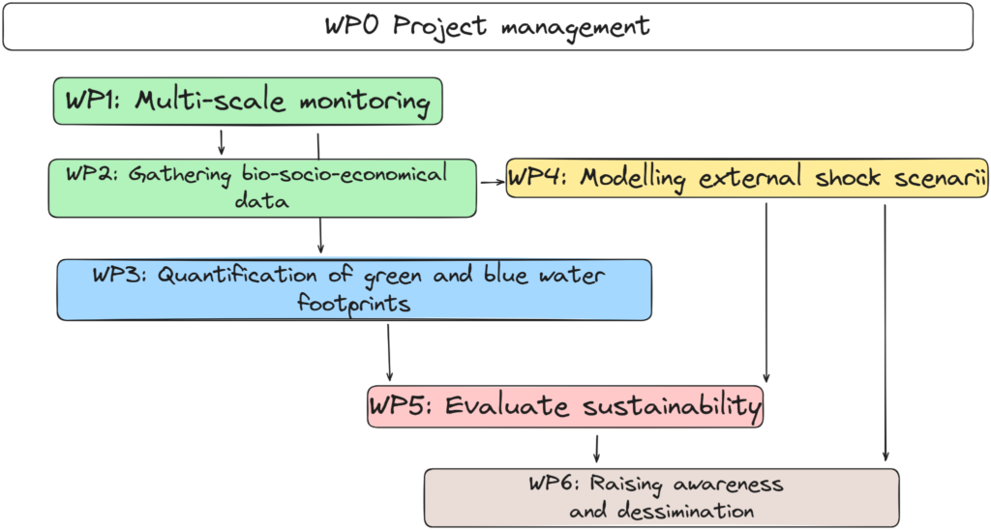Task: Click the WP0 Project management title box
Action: tap(488, 26)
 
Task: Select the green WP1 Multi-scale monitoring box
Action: tap(247, 102)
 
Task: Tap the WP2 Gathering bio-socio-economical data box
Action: tap(261, 188)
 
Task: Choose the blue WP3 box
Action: tap(353, 289)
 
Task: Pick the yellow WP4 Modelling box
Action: tap(746, 179)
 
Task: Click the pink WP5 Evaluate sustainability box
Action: tap(565, 406)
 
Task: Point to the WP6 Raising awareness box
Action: tap(661, 497)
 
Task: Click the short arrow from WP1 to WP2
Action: tap(222, 142)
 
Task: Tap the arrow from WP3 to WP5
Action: tap(389, 352)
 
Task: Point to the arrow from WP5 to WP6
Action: tap(596, 448)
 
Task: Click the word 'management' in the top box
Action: tap(575, 26)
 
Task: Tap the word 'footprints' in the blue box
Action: tap(354, 303)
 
